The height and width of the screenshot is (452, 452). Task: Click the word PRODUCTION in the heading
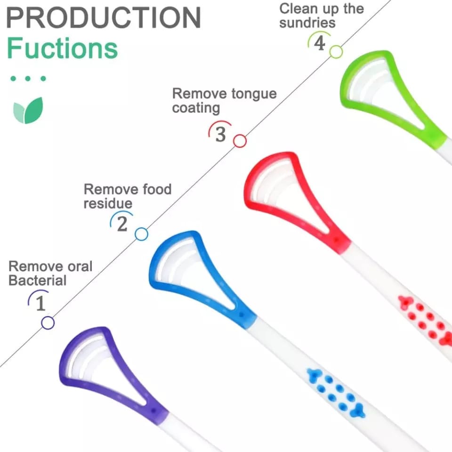coord(103,17)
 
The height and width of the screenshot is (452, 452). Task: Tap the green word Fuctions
coord(62,48)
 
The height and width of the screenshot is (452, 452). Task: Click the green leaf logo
coord(28,110)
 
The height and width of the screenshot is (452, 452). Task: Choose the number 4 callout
coord(319,42)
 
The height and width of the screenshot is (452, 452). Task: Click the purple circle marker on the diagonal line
coord(48,323)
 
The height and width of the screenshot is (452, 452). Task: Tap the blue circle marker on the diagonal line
coord(142,234)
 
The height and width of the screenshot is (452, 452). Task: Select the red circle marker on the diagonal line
coord(240,141)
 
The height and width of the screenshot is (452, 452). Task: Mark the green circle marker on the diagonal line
coord(336,52)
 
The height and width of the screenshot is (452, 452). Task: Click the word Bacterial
coord(38,281)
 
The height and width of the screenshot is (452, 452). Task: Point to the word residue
coord(108,203)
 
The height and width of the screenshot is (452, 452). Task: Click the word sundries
coord(307,23)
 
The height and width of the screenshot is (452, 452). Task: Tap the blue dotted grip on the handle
coord(336,393)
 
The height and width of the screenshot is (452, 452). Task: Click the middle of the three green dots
coord(28,79)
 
